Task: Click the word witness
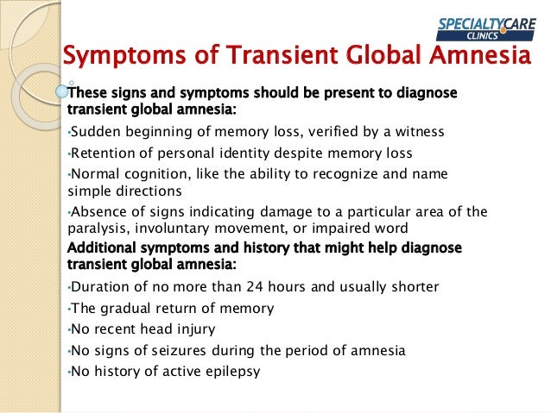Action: (x=418, y=132)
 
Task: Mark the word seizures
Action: (x=197, y=350)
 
